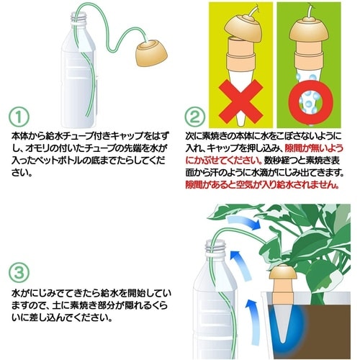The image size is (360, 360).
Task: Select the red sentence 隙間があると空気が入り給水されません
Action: (276, 186)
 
